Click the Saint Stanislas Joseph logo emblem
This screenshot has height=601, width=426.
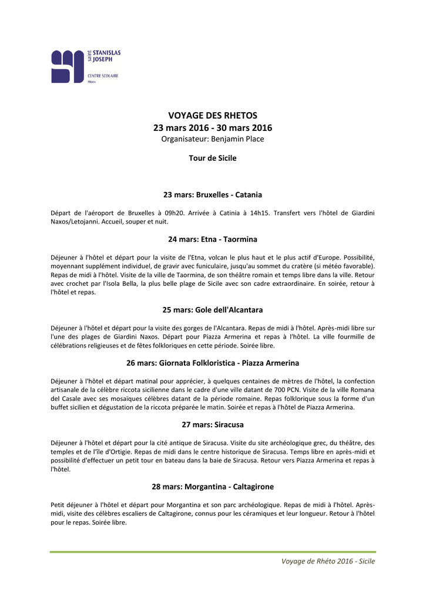click(x=68, y=66)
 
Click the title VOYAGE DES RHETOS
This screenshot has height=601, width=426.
click(x=213, y=116)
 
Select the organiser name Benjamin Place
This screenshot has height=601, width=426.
click(x=237, y=139)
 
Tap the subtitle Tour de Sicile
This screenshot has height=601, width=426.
click(x=213, y=158)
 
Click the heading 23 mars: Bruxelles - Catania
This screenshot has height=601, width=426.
click(x=213, y=194)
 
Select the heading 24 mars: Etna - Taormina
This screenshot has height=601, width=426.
click(x=213, y=239)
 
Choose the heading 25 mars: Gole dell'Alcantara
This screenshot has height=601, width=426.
click(x=213, y=309)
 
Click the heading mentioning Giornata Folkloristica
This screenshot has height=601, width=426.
click(x=213, y=363)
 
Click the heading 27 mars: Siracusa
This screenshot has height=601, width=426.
click(x=213, y=424)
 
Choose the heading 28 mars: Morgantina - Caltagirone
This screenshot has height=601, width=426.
click(x=213, y=487)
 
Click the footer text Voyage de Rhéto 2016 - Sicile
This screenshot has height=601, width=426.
click(x=328, y=561)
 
